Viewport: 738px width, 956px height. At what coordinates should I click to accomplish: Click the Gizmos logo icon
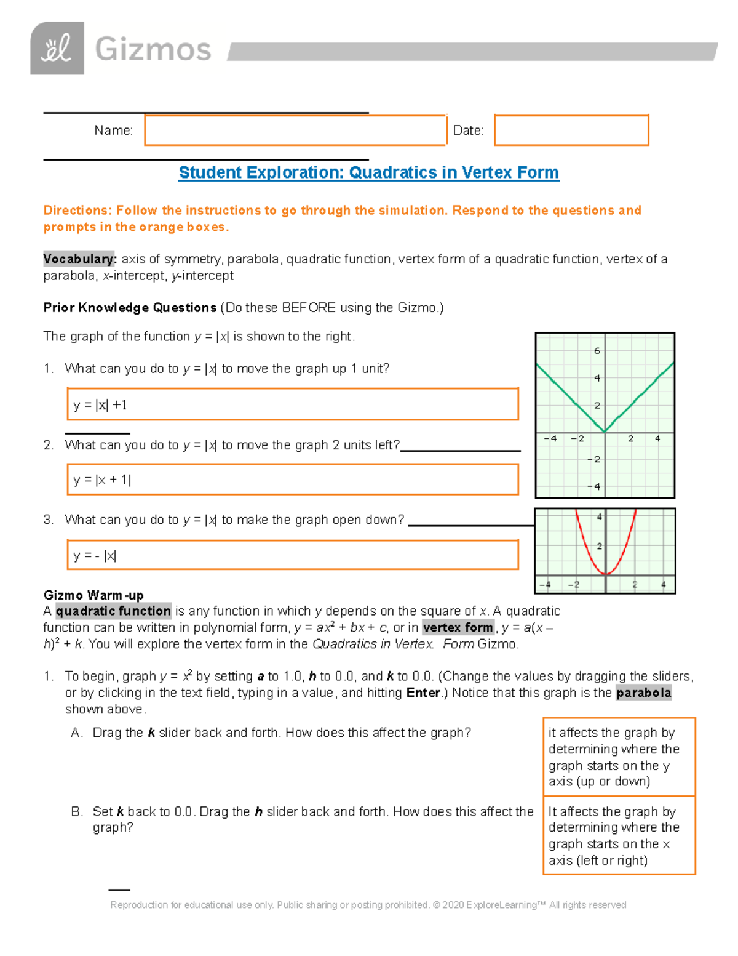[57, 49]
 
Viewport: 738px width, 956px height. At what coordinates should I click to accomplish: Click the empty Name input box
[295, 131]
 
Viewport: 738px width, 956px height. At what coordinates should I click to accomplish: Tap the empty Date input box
[571, 131]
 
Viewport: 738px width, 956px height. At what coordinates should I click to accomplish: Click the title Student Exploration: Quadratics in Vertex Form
[368, 172]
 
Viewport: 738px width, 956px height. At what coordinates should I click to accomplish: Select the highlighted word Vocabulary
[79, 259]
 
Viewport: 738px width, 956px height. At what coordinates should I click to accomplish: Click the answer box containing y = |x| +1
[293, 404]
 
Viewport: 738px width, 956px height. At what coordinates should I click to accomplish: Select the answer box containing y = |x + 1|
[293, 480]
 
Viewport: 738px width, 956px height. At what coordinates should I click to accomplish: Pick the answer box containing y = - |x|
[293, 555]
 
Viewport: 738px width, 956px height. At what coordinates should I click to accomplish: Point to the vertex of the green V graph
[605, 432]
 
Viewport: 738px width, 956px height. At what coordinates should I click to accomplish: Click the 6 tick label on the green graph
[597, 351]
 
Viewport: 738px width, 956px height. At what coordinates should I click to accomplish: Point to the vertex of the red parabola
[606, 574]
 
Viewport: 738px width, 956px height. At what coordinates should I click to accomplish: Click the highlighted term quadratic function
[113, 611]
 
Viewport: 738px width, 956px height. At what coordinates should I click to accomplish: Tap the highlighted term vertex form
[458, 628]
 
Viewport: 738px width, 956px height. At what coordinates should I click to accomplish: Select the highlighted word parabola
[643, 693]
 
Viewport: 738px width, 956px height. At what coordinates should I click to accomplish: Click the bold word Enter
[423, 693]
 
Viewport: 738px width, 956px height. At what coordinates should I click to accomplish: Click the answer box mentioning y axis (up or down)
[619, 757]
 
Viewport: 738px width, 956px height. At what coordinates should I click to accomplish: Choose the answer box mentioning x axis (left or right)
[619, 835]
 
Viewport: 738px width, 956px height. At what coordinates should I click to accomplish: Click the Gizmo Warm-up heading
[93, 595]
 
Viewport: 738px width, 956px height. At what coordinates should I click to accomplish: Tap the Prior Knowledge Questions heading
[130, 308]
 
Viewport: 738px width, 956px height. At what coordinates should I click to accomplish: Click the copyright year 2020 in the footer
[453, 905]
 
